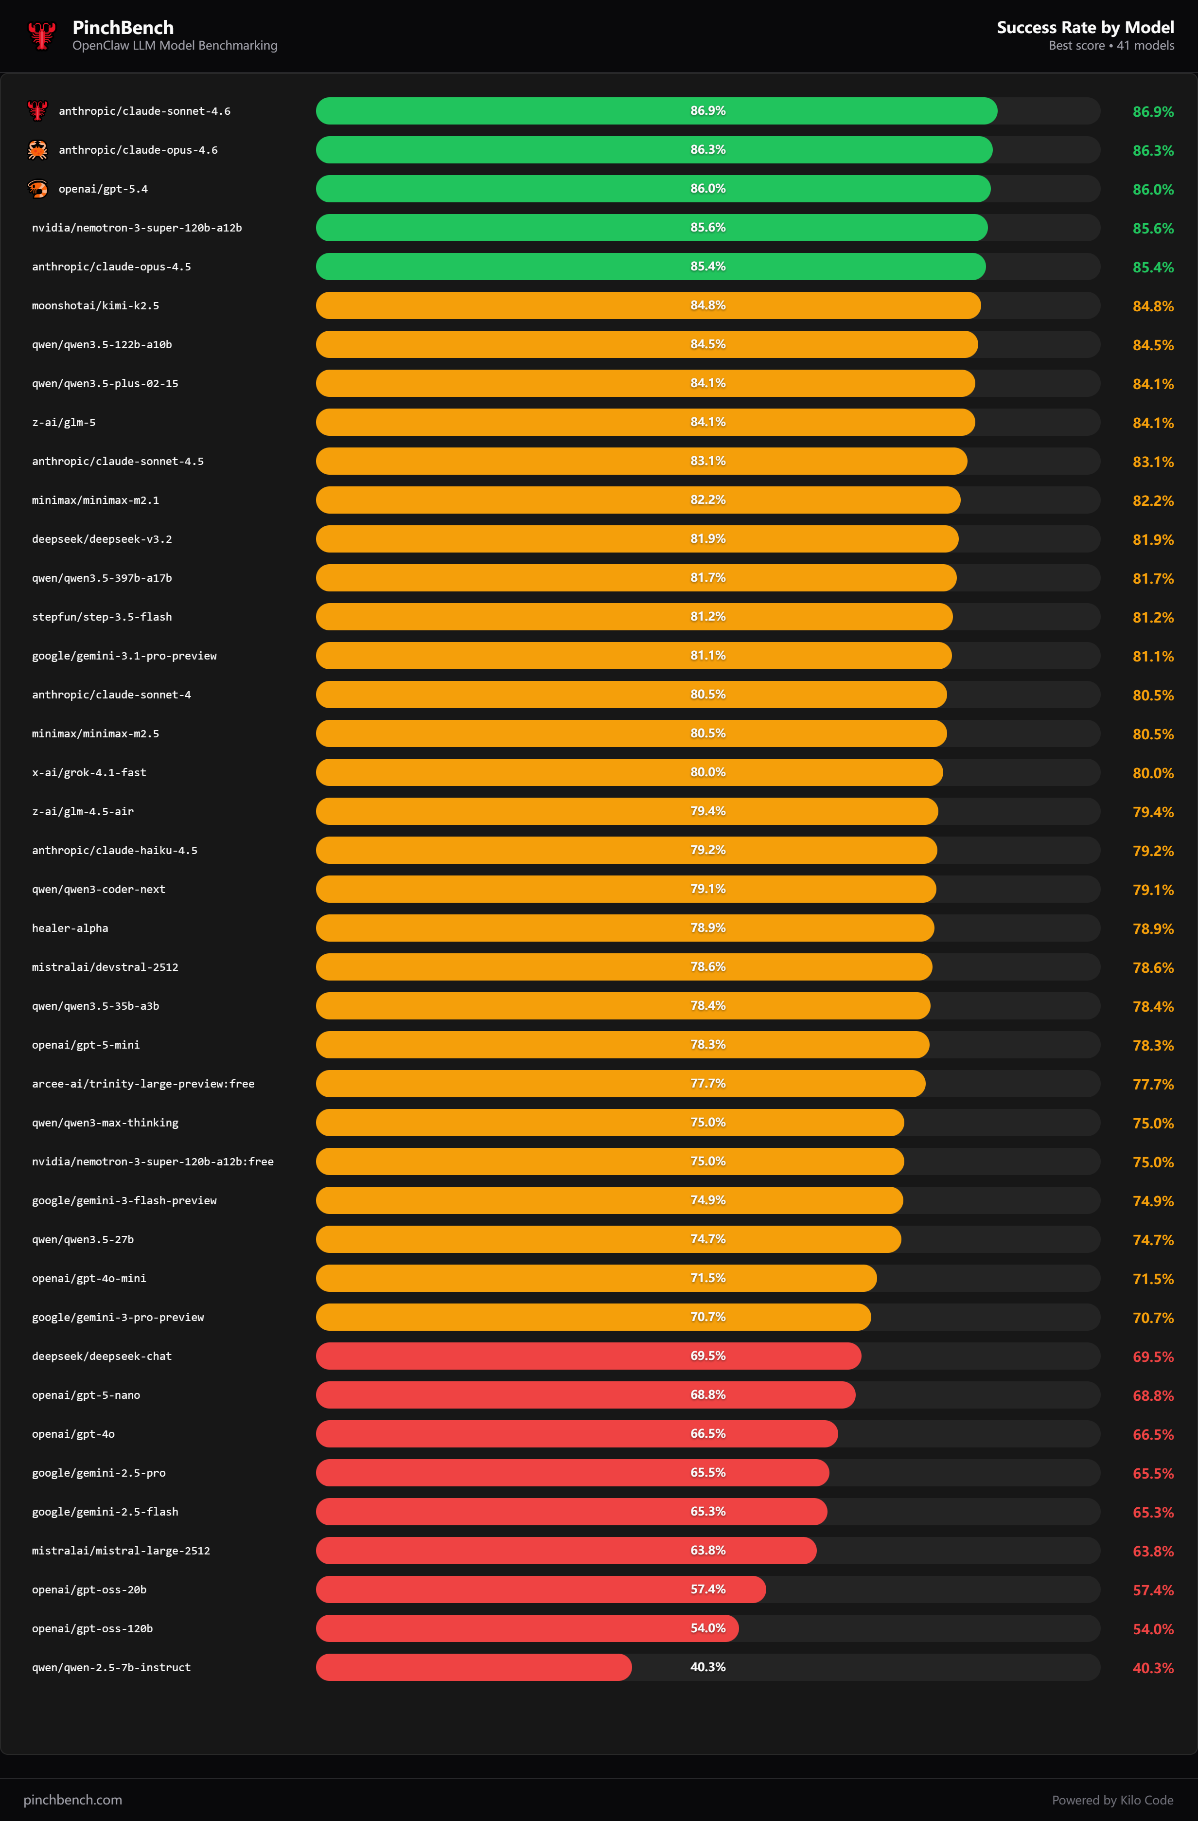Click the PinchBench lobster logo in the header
tap(41, 35)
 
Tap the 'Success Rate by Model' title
tap(1084, 28)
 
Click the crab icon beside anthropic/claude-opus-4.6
tap(37, 150)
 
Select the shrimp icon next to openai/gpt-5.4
tap(37, 189)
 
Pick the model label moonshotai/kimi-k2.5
tap(96, 306)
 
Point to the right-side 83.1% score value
tap(1152, 462)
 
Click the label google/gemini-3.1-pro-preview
tap(124, 656)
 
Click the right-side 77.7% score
tap(1152, 1084)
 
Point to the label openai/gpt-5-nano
tap(86, 1395)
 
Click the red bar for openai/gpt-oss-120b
tap(527, 1628)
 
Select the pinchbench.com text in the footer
tap(72, 1800)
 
